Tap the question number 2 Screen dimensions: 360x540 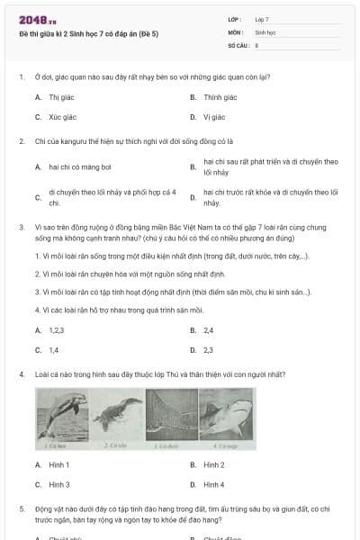(x=21, y=141)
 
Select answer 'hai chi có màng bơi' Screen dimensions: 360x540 (x=80, y=167)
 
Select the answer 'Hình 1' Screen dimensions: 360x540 (x=58, y=464)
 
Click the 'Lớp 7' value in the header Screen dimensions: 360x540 (x=262, y=19)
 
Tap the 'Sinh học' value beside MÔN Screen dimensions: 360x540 (x=265, y=31)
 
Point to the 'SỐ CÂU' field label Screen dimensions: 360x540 (x=238, y=43)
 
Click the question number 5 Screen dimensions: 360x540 (x=21, y=508)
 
